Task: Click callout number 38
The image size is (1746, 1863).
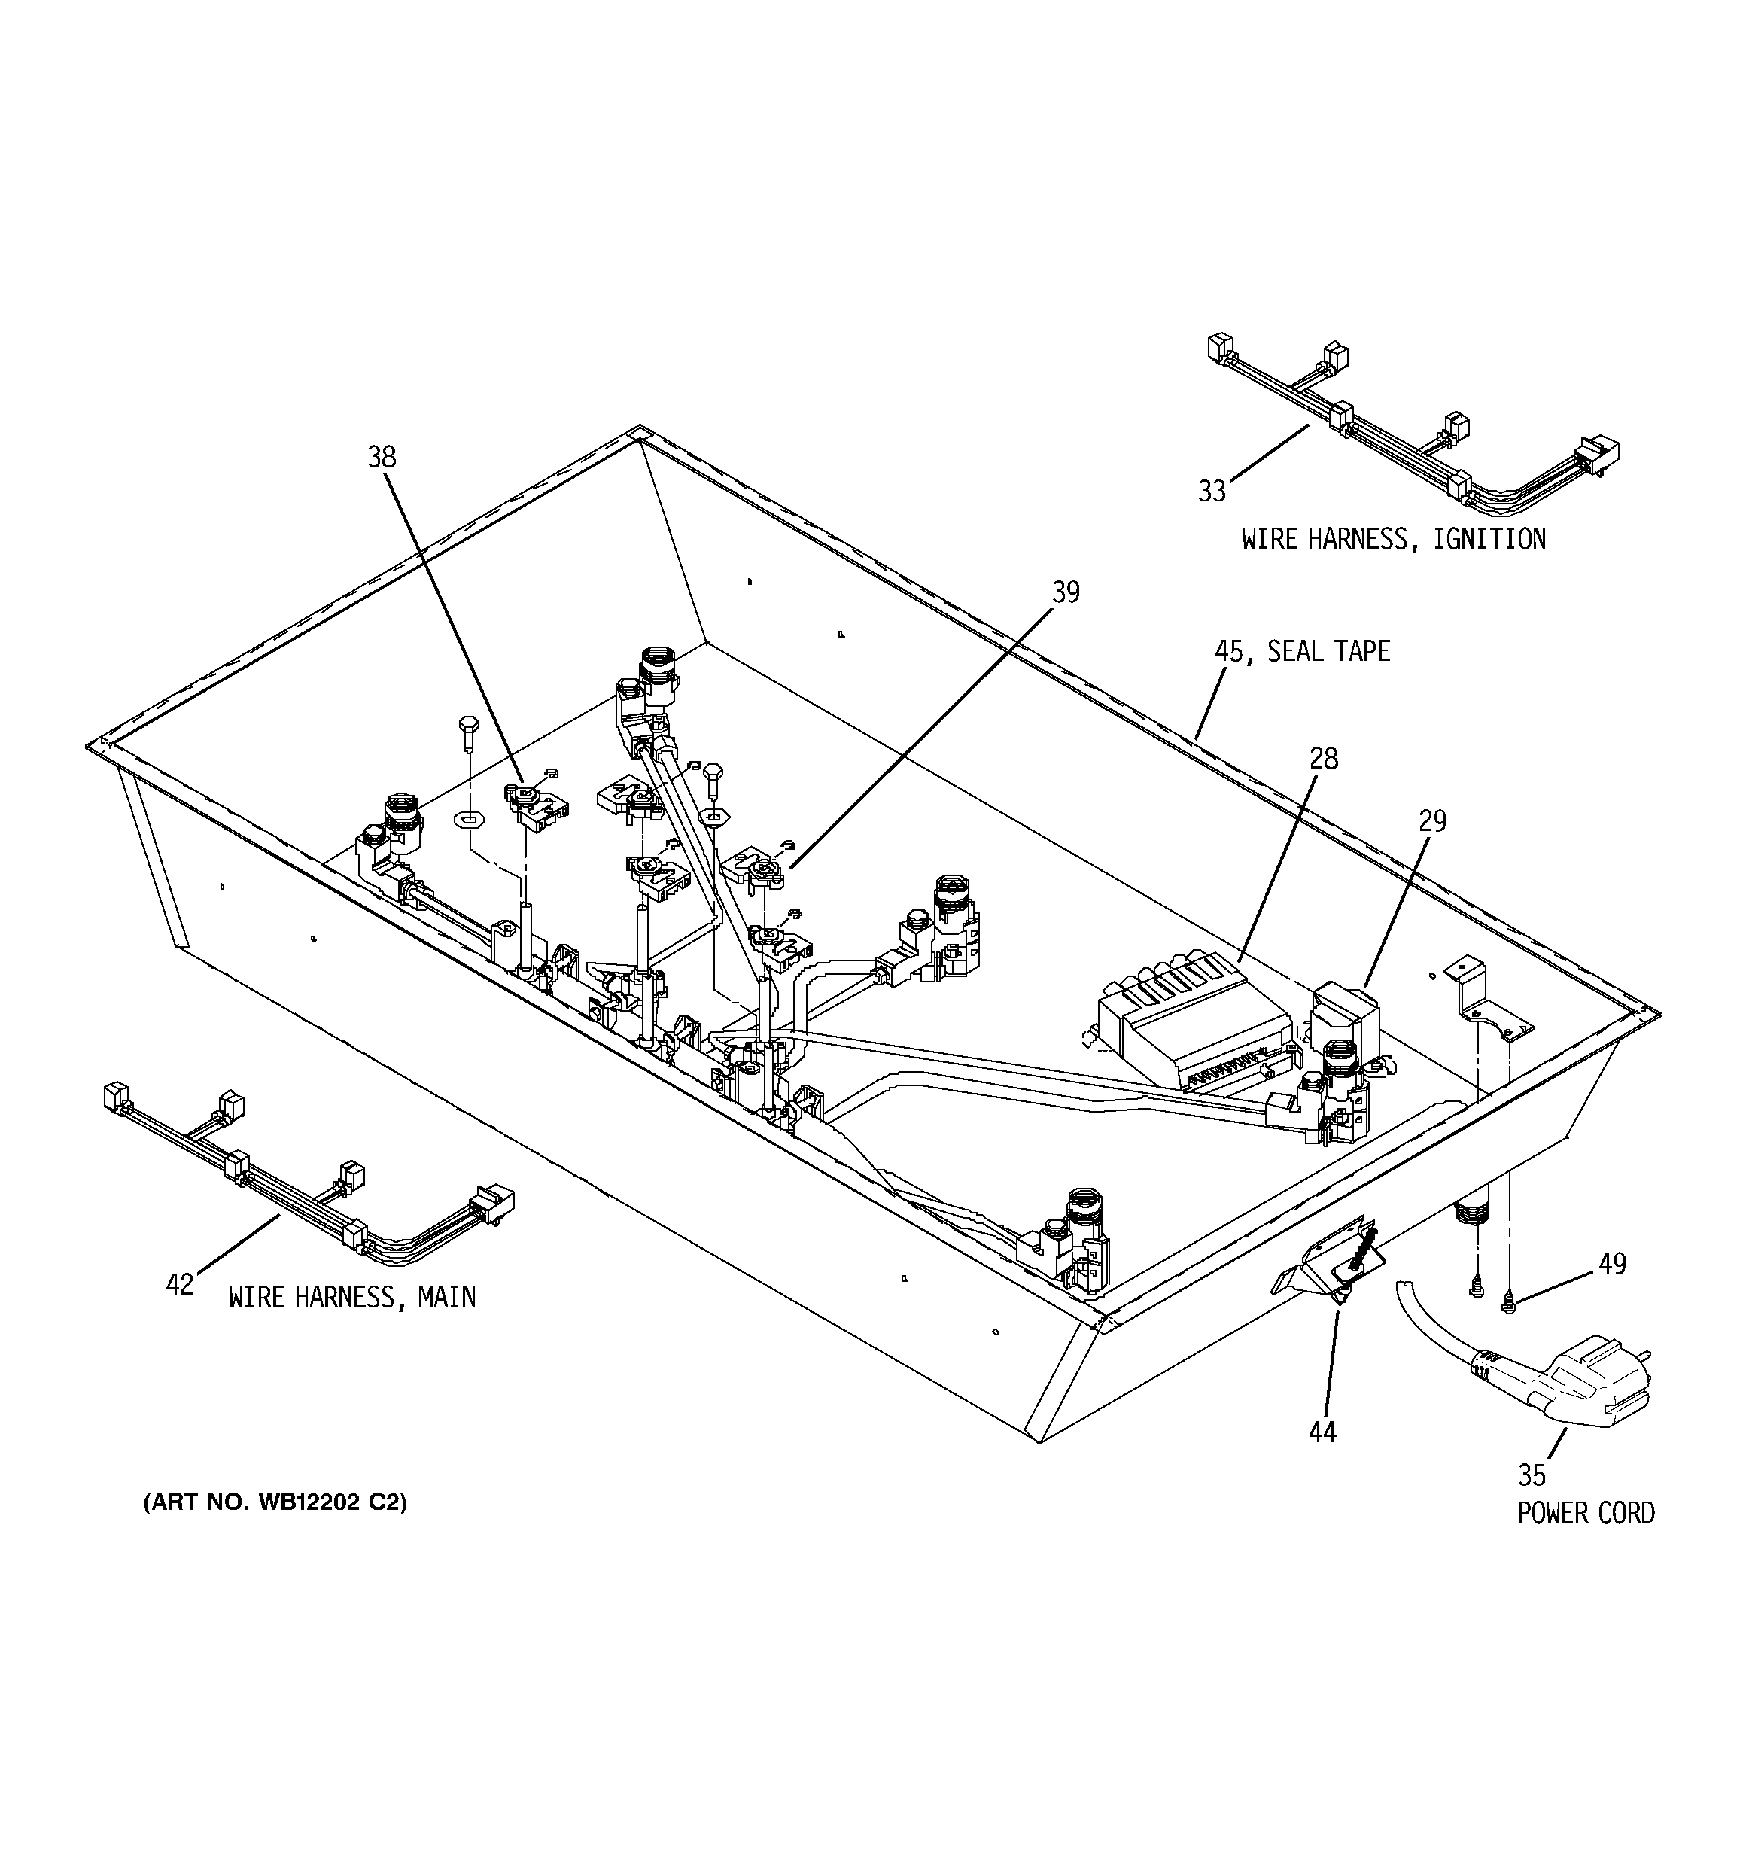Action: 382,458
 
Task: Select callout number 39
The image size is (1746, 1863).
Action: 1066,592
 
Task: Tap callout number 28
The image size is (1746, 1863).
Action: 1323,758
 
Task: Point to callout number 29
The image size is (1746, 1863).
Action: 1432,821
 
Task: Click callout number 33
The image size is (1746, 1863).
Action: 1212,491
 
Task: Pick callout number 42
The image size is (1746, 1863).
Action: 180,1285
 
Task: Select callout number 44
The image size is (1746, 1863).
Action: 1322,1432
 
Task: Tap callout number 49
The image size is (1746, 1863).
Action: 1612,1264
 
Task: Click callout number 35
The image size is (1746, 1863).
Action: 1532,1476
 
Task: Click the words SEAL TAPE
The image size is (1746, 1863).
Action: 1328,651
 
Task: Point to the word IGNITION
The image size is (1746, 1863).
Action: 1489,539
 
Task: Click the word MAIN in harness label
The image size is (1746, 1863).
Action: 446,1297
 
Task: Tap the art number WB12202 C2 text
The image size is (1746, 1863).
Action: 275,1503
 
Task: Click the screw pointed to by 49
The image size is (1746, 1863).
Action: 1508,1301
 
